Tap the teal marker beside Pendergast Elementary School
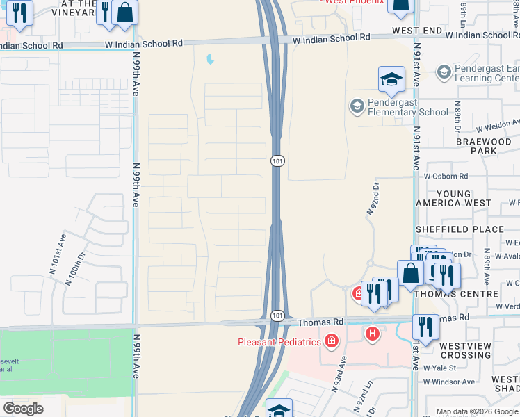(357, 106)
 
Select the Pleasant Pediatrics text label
(280, 341)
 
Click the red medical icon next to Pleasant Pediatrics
(331, 341)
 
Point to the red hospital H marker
(373, 335)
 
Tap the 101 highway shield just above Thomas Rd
(277, 316)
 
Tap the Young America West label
(453, 198)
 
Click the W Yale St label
(439, 368)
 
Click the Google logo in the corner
(23, 409)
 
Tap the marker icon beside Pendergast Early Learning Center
(444, 72)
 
